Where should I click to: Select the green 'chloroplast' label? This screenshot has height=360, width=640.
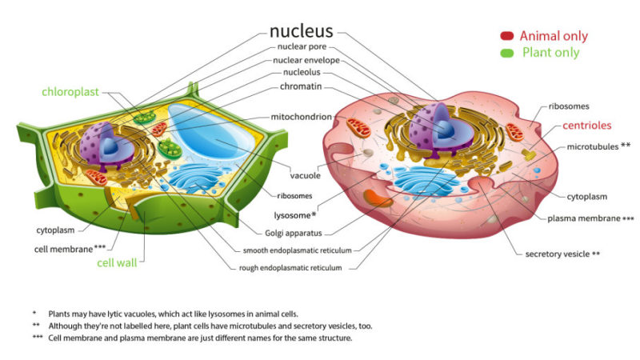click(x=70, y=92)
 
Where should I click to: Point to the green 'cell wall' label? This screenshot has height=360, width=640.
click(x=118, y=262)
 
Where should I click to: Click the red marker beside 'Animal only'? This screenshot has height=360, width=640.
click(x=506, y=36)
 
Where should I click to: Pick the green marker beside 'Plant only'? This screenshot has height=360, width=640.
click(x=506, y=53)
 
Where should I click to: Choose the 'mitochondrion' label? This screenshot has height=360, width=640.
click(x=301, y=116)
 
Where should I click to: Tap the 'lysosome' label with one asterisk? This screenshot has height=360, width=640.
click(x=294, y=215)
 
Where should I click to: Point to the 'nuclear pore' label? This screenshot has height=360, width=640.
click(x=302, y=46)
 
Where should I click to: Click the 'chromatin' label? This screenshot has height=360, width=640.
click(x=301, y=86)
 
